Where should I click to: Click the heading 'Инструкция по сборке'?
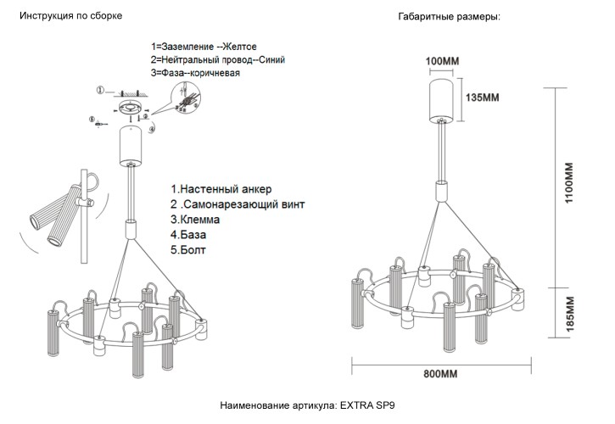click(71, 16)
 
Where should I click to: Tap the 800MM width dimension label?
click(440, 374)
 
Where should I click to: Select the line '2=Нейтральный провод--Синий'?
click(217, 59)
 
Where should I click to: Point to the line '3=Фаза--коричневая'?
click(195, 73)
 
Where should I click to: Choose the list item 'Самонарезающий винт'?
click(242, 204)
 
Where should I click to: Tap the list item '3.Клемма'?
click(200, 220)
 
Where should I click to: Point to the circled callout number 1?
click(99, 90)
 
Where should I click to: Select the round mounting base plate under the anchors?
click(131, 109)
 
